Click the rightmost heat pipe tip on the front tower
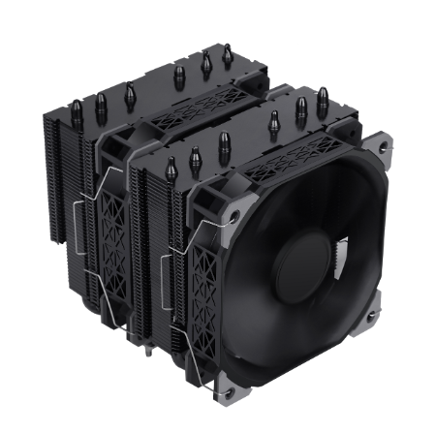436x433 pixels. coord(322,102)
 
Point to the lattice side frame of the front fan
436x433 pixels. coord(208,271)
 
